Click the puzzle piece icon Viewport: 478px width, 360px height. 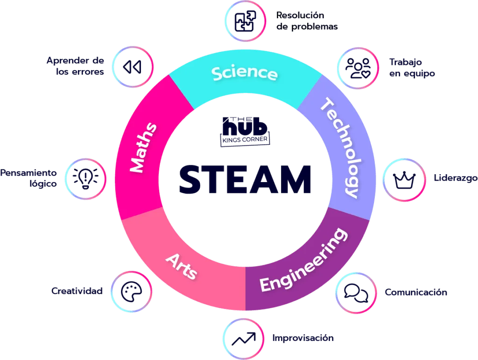[x=245, y=21]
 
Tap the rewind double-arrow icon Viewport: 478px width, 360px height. [x=132, y=67]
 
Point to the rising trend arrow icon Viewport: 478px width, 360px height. [x=244, y=339]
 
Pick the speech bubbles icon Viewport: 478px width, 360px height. [x=356, y=293]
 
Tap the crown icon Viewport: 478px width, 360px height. [x=404, y=180]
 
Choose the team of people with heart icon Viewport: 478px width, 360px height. [x=358, y=68]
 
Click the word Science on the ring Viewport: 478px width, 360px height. [x=245, y=73]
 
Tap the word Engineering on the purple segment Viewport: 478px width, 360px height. [x=303, y=260]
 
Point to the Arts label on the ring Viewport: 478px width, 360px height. [x=182, y=267]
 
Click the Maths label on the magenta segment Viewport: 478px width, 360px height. [x=143, y=148]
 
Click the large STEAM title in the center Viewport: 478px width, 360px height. [x=245, y=180]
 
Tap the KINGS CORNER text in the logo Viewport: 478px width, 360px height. [x=245, y=140]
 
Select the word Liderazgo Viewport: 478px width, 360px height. [x=456, y=178]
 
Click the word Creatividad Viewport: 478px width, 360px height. [x=77, y=291]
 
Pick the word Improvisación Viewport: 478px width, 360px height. [x=303, y=338]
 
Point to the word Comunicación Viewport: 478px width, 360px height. [x=416, y=292]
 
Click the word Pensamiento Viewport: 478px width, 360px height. [x=28, y=173]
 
